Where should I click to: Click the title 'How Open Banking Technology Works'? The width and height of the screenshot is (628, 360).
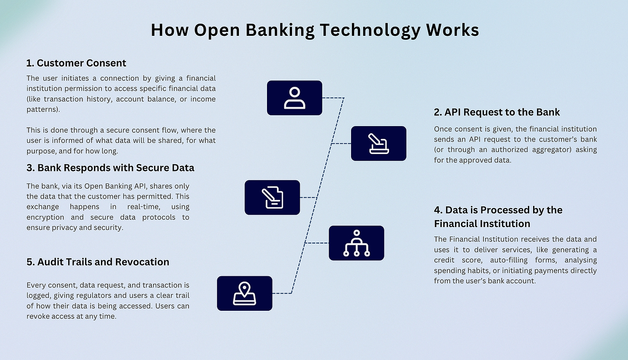click(x=314, y=30)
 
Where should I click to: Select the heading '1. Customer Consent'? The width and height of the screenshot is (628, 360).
click(x=76, y=63)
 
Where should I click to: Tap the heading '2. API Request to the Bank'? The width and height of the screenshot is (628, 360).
click(x=497, y=112)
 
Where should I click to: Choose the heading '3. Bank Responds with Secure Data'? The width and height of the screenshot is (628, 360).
click(x=110, y=167)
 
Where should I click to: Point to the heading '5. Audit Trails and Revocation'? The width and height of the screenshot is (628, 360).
click(x=98, y=262)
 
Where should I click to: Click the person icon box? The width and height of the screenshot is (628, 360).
click(x=295, y=98)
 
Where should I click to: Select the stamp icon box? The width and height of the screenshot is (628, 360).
click(x=379, y=143)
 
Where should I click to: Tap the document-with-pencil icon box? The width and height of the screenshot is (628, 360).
click(x=272, y=197)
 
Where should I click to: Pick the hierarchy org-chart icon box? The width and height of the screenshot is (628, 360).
click(x=356, y=243)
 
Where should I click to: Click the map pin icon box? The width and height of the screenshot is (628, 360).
click(x=245, y=294)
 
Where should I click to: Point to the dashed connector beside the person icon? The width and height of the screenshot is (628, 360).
click(x=333, y=98)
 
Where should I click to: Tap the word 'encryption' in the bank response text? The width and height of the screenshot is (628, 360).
click(x=45, y=217)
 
